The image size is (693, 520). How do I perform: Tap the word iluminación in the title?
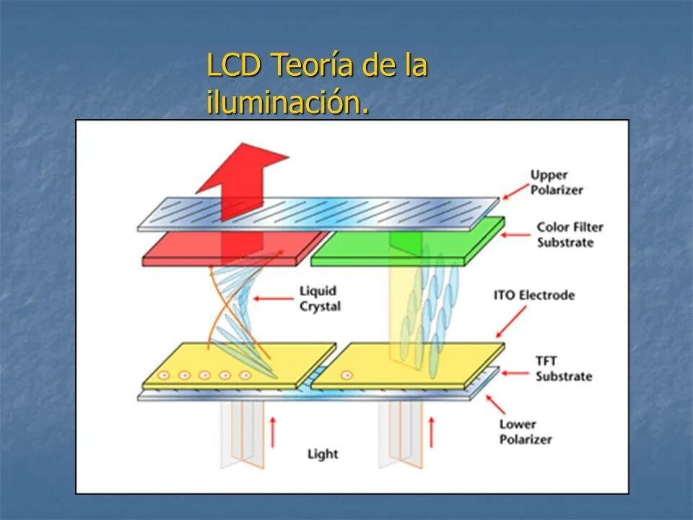click(x=287, y=103)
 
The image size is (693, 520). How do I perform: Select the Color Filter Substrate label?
click(x=570, y=234)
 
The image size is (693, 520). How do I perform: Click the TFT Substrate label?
click(x=563, y=368)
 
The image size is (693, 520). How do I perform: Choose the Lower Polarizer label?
click(x=526, y=431)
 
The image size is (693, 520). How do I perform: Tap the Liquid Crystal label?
click(x=319, y=298)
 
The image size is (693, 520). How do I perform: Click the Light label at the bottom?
click(x=322, y=454)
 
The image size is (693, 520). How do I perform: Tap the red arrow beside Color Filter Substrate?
click(x=517, y=235)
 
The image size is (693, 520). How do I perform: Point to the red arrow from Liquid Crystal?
click(x=274, y=296)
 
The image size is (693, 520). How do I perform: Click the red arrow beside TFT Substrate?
click(x=517, y=373)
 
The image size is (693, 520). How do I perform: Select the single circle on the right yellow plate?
click(x=346, y=375)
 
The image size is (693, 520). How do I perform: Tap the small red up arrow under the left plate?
click(x=273, y=431)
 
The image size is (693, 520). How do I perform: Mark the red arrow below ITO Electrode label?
click(x=510, y=323)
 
